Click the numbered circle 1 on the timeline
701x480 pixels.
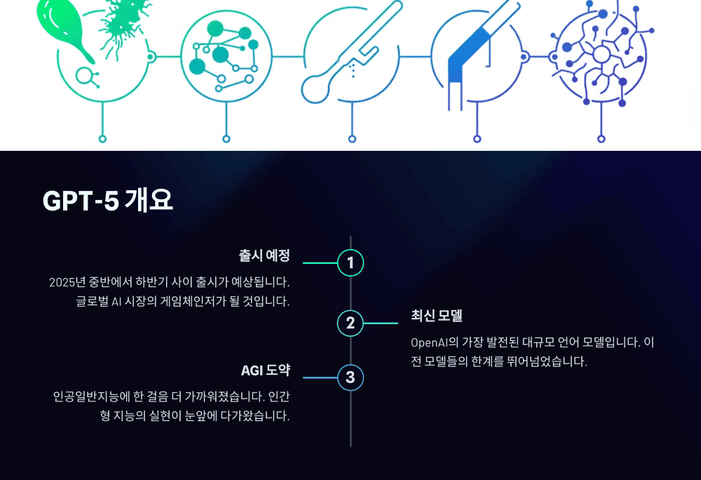350,263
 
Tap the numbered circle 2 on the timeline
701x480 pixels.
350,324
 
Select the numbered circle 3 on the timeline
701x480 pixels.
350,378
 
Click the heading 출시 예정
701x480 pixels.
264,255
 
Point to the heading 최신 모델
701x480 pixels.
436,316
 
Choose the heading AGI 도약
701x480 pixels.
265,371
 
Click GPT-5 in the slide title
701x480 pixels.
80,201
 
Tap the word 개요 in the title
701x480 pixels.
149,201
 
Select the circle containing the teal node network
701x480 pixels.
226,56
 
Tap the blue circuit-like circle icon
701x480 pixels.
601,56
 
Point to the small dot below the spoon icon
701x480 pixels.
351,139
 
